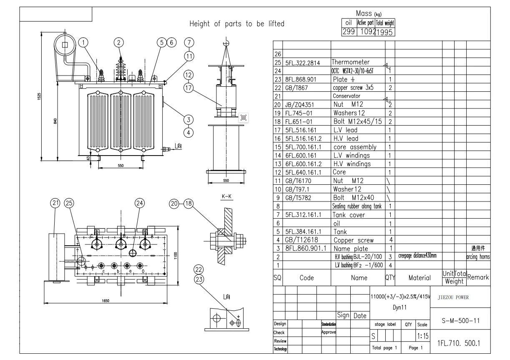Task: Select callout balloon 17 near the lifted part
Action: point(188,88)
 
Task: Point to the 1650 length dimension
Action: point(111,300)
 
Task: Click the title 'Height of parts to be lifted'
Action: point(237,24)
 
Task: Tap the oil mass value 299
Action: point(349,31)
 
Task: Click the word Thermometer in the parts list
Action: point(351,62)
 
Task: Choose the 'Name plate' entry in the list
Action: point(351,249)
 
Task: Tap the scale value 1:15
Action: point(422,335)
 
